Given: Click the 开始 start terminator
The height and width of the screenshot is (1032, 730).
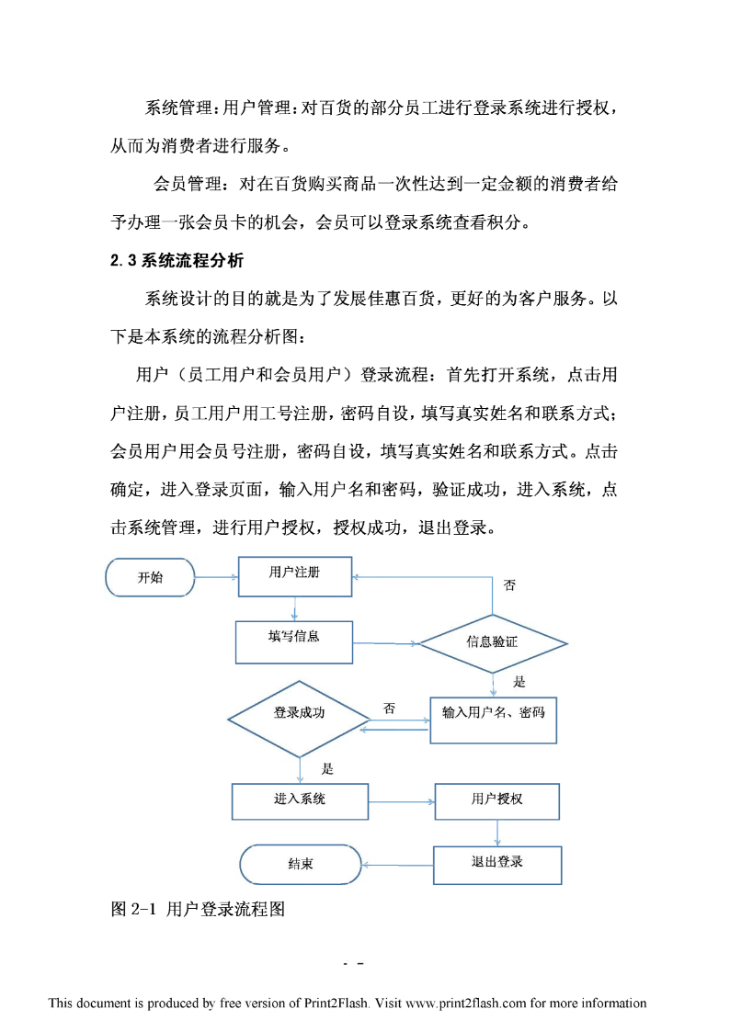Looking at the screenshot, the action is coord(150,577).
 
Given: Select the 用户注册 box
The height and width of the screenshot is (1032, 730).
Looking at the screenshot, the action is coord(295,576).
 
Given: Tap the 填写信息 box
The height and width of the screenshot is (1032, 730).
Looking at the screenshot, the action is coord(294,641).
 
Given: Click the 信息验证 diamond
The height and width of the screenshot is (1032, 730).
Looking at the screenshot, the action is coord(493,643).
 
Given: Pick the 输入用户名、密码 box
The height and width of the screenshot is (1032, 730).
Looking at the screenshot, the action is coord(493,720).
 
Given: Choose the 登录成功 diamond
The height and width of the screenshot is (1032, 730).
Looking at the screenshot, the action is coord(299,719).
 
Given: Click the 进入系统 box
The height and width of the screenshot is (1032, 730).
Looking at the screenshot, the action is coord(300,801).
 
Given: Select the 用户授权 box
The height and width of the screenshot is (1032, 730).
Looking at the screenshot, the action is coord(497,801).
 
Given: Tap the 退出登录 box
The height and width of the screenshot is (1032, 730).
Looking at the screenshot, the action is coord(497,865).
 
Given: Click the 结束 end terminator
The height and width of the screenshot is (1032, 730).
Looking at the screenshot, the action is coord(300,864).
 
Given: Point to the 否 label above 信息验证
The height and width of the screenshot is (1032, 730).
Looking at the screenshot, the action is coord(509,585).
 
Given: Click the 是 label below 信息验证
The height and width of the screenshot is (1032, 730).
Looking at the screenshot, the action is coord(519,682).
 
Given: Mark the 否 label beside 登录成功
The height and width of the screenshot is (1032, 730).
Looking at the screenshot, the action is coord(389,709).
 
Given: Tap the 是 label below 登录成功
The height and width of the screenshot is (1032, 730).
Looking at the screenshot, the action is coord(327,769).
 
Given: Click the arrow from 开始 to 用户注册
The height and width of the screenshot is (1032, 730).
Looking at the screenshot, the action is coord(217,577).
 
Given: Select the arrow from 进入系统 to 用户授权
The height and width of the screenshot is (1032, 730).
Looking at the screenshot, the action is coord(402,801).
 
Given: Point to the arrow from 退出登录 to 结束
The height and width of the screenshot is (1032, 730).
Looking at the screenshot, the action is coord(397,865).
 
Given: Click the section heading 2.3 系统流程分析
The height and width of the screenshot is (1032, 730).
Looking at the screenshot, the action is coord(177,261).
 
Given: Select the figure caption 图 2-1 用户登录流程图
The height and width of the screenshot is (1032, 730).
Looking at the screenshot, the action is coord(198,909).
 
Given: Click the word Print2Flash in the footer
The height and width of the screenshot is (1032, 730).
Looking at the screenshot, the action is coord(336,1003).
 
